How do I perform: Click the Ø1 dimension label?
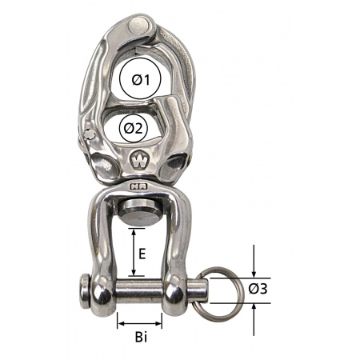pyautogui.click(x=141, y=79)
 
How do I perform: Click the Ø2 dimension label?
pyautogui.click(x=137, y=129)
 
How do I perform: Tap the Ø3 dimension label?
pyautogui.click(x=258, y=289)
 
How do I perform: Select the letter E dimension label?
pyautogui.click(x=142, y=254)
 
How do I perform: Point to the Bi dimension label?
pyautogui.click(x=141, y=338)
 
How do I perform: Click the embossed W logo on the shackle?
pyautogui.click(x=139, y=161)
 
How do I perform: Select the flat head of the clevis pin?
pyautogui.click(x=85, y=291)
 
